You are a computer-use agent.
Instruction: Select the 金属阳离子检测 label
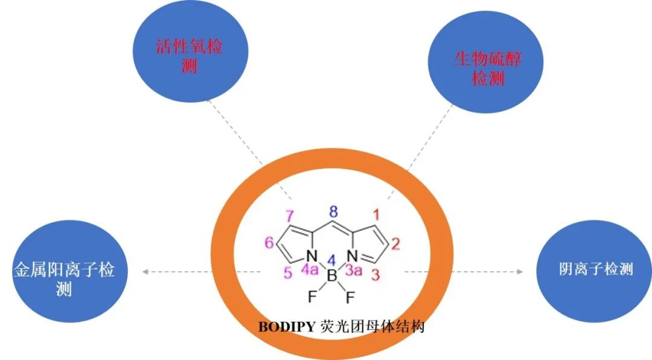pos(63,279)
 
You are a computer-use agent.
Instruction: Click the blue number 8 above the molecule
pos(333,211)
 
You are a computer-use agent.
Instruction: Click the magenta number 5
pos(288,274)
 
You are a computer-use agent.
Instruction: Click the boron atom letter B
pos(331,277)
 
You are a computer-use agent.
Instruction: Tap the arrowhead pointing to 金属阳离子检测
pos(145,272)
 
